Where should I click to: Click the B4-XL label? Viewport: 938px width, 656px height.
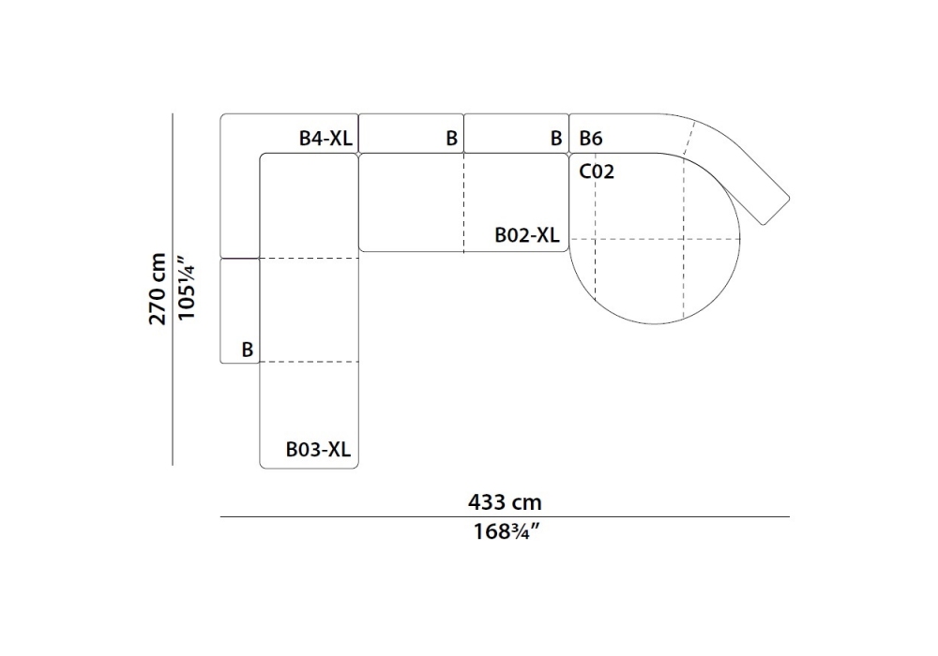(x=325, y=139)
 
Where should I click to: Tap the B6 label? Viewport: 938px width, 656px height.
(x=590, y=139)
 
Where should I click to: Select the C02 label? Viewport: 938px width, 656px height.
(x=597, y=171)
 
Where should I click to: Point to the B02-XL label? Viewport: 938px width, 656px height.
(x=527, y=235)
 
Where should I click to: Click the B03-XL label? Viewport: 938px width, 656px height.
(x=318, y=449)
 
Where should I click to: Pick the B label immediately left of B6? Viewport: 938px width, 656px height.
(x=556, y=139)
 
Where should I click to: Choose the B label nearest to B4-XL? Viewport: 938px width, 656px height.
(x=452, y=139)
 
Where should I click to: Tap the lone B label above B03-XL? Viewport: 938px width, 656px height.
(x=247, y=350)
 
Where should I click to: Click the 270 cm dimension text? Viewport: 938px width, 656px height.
(x=158, y=289)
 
